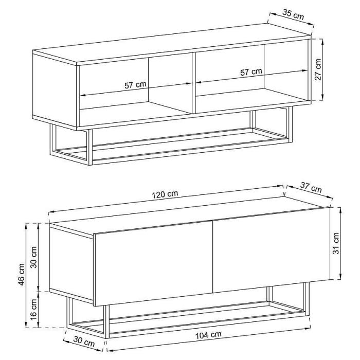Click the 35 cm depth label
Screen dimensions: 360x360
click(293, 14)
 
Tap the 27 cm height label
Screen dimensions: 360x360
click(318, 69)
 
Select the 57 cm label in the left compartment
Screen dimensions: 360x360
click(135, 85)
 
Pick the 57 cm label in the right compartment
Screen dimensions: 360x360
click(251, 72)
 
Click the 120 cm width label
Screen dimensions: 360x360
click(165, 194)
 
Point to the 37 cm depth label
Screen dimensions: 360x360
click(311, 188)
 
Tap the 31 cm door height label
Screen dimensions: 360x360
click(336, 243)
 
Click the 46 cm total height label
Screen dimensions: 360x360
click(21, 274)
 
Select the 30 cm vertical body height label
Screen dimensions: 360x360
click(33, 257)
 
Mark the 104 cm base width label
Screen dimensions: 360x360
click(208, 335)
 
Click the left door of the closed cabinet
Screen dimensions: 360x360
click(153, 263)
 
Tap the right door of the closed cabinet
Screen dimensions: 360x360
click(272, 250)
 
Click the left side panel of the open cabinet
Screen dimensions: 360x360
click(55, 90)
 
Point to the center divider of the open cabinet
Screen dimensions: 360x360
click(193, 83)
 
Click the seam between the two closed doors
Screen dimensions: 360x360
click(213, 257)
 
